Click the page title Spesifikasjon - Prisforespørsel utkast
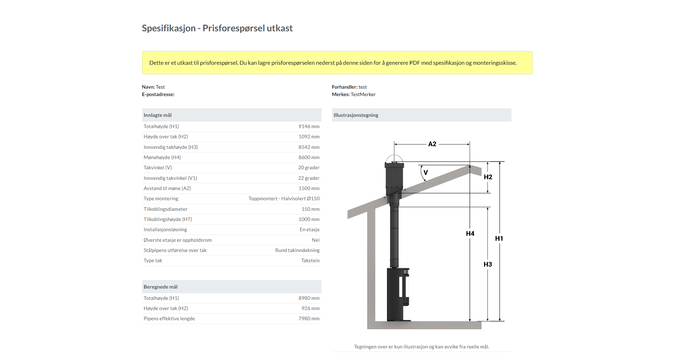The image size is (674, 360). (217, 28)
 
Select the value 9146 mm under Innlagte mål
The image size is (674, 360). (309, 126)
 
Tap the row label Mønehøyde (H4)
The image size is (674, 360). (162, 157)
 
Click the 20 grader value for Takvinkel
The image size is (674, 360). (309, 168)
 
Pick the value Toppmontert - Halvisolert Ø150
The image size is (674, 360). (284, 198)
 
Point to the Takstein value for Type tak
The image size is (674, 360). (310, 260)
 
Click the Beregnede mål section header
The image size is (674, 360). (160, 287)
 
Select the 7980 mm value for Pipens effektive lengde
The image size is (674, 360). (309, 318)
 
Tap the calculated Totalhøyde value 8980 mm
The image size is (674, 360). (309, 298)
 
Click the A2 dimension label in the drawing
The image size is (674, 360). (432, 144)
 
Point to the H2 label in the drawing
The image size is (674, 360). (488, 177)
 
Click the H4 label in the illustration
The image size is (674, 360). (470, 234)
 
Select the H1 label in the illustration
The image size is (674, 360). (499, 239)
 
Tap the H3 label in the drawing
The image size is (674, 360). (488, 264)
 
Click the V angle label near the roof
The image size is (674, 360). (426, 172)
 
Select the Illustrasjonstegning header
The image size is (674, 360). (356, 115)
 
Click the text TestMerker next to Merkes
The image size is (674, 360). (363, 94)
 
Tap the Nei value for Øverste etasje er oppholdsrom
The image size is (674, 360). (316, 240)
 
